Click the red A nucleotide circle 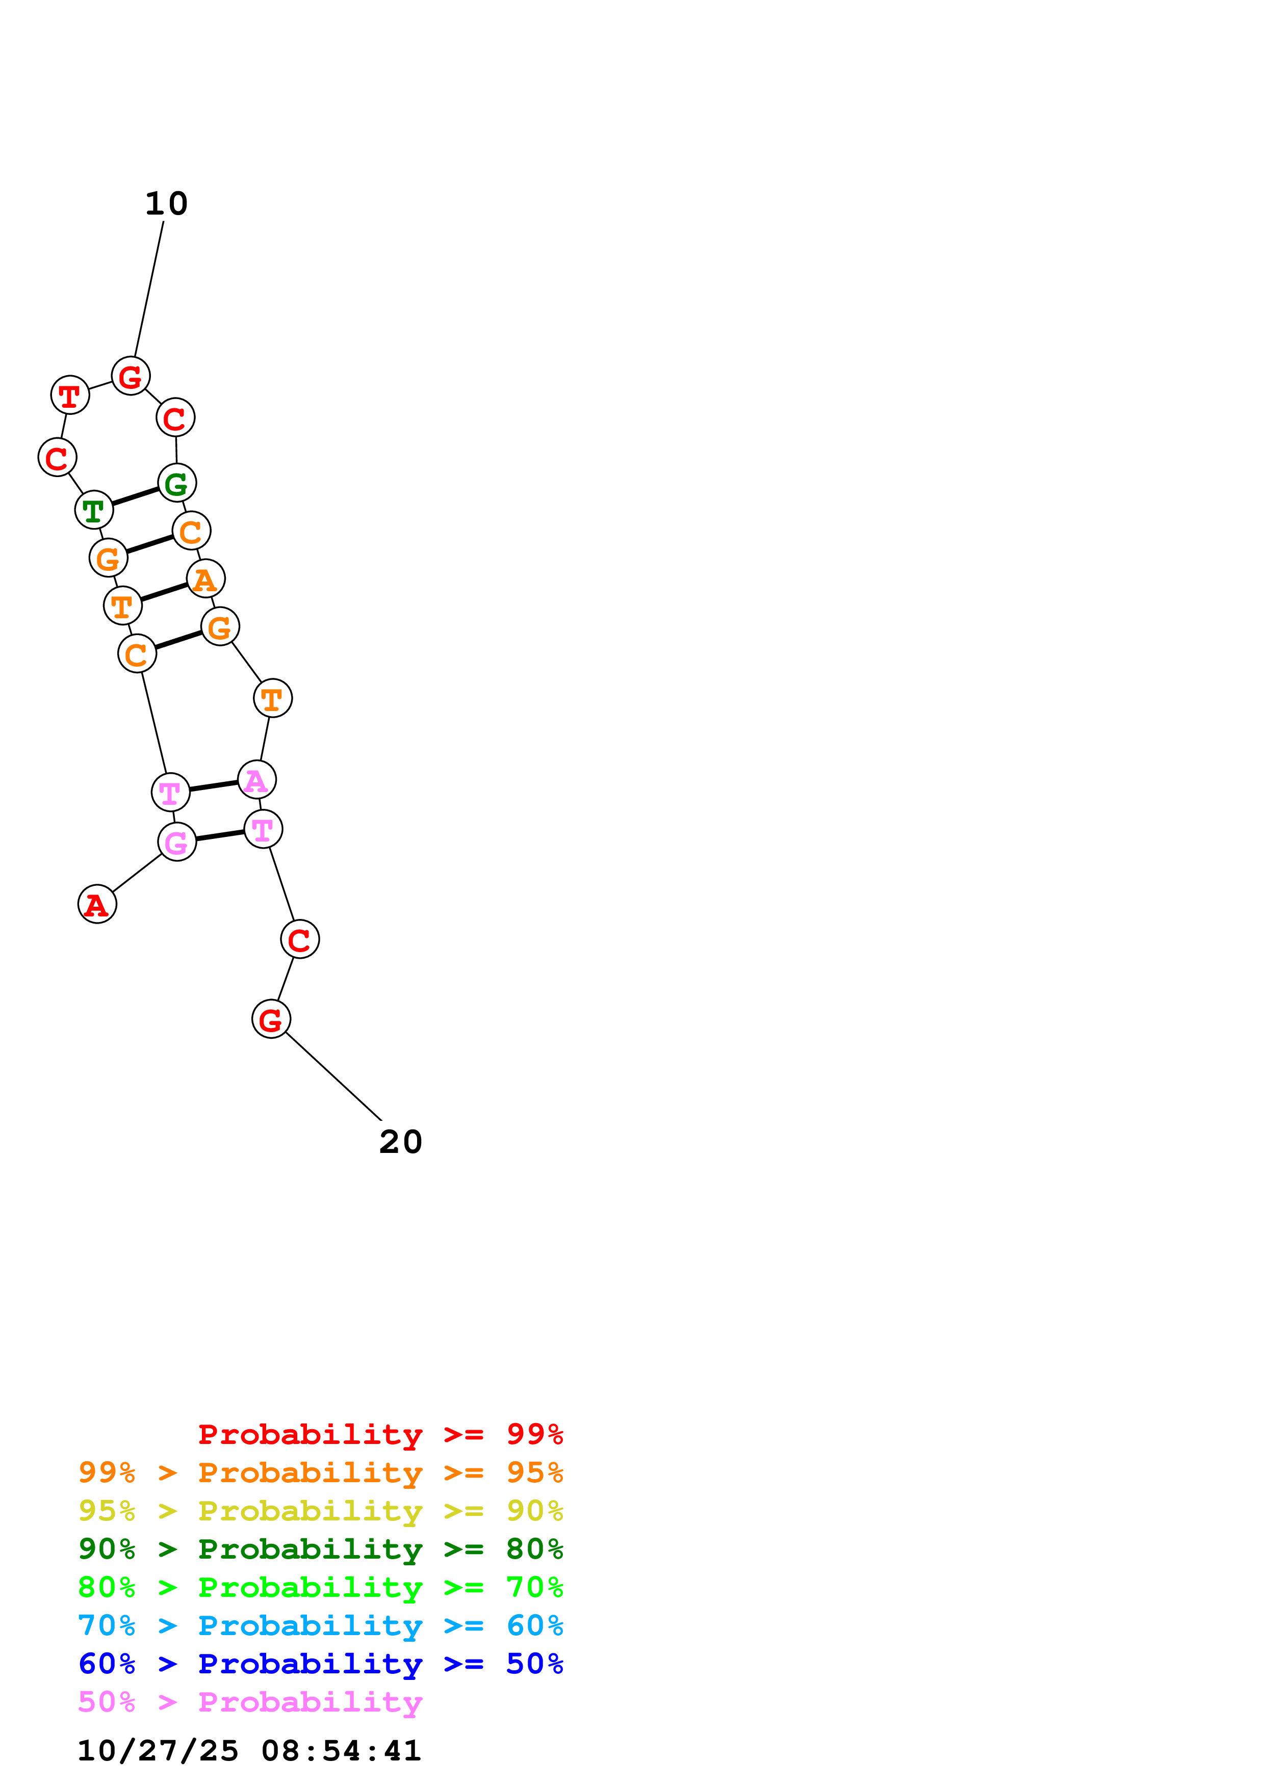point(97,904)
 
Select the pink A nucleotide point(256,779)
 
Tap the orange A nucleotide point(205,579)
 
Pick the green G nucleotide point(177,483)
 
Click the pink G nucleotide point(177,842)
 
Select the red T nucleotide point(70,396)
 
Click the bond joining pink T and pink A point(214,786)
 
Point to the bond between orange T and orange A point(164,592)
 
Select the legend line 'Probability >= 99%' point(380,1434)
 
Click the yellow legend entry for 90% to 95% point(320,1510)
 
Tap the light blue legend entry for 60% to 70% point(320,1625)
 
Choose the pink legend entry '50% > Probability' point(250,1701)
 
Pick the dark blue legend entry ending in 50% point(320,1664)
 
